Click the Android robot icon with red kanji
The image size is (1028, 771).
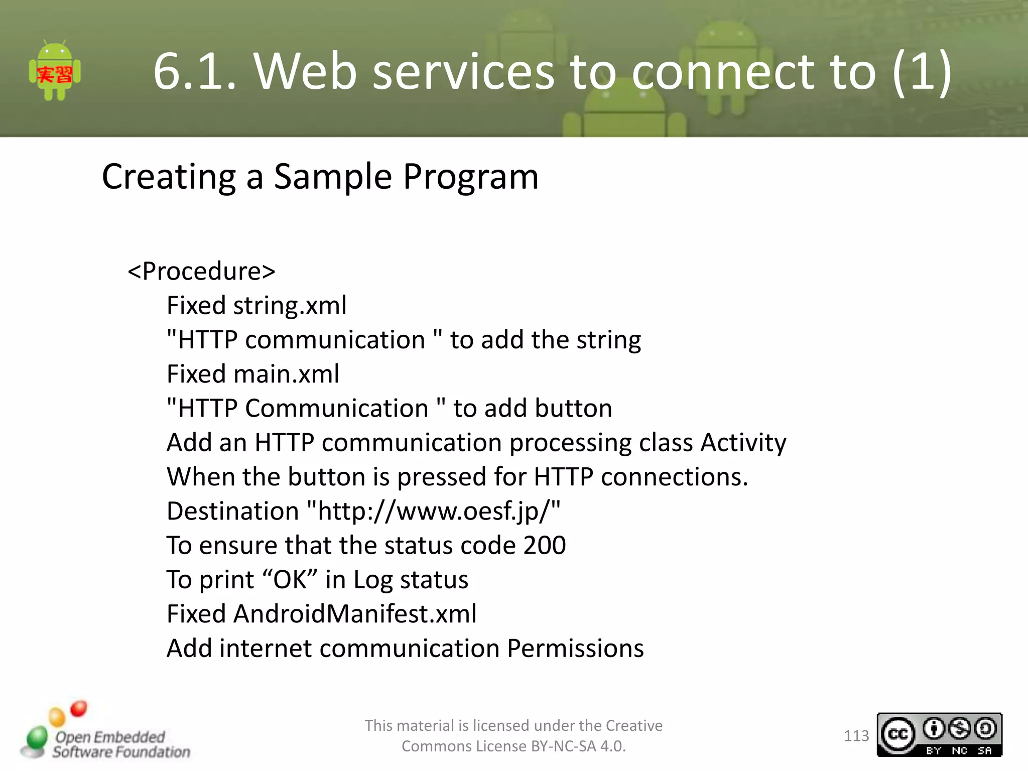tap(55, 72)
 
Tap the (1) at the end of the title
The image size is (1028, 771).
tap(922, 72)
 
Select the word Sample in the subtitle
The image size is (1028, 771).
tap(333, 177)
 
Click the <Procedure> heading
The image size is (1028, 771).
tap(201, 272)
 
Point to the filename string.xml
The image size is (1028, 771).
tap(290, 306)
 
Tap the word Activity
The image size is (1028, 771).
tap(743, 443)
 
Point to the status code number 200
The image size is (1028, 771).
tap(545, 546)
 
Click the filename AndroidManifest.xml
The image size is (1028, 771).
tap(355, 614)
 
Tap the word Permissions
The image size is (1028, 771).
tap(575, 649)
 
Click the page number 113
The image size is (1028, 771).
tap(856, 736)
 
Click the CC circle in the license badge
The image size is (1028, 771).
tap(898, 735)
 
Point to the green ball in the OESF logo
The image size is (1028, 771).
tap(37, 737)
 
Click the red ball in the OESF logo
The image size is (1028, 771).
tap(78, 708)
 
